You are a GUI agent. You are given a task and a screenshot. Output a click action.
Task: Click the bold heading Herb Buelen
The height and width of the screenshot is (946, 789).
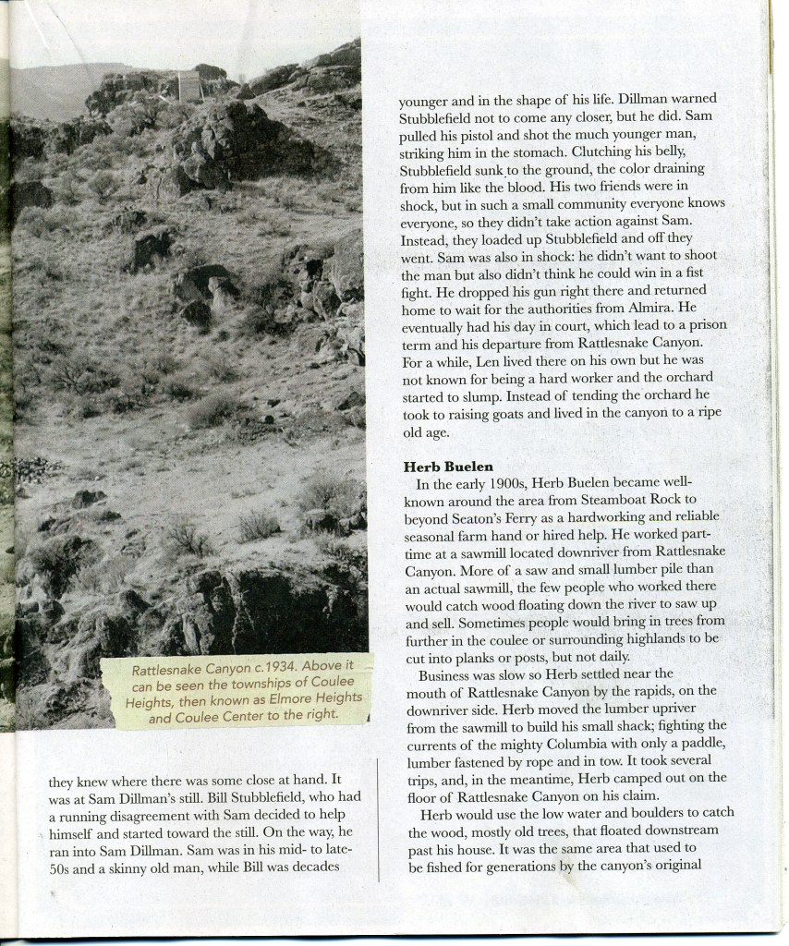tap(447, 467)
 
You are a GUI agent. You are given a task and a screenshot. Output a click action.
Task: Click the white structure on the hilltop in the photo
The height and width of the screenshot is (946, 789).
tap(188, 86)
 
